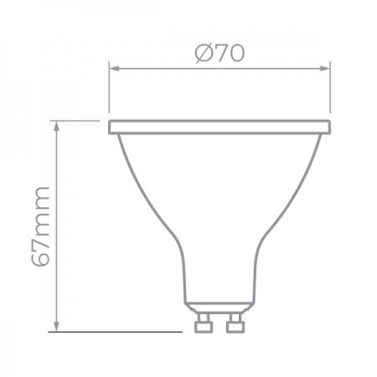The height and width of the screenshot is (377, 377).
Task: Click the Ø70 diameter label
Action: tap(219, 53)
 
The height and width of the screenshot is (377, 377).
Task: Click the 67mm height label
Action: tap(41, 227)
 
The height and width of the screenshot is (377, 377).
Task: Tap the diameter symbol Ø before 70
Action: tap(204, 54)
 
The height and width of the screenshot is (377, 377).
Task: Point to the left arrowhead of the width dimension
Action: tap(114, 69)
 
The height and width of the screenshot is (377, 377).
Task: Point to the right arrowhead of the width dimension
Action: tap(325, 69)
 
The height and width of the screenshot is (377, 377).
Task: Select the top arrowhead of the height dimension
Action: tap(56, 127)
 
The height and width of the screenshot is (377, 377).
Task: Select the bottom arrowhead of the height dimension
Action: tap(56, 327)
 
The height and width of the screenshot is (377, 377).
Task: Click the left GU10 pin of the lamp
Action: tap(204, 323)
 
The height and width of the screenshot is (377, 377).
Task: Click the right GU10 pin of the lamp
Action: tap(235, 323)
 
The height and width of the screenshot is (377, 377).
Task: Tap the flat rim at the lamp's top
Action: tap(219, 127)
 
